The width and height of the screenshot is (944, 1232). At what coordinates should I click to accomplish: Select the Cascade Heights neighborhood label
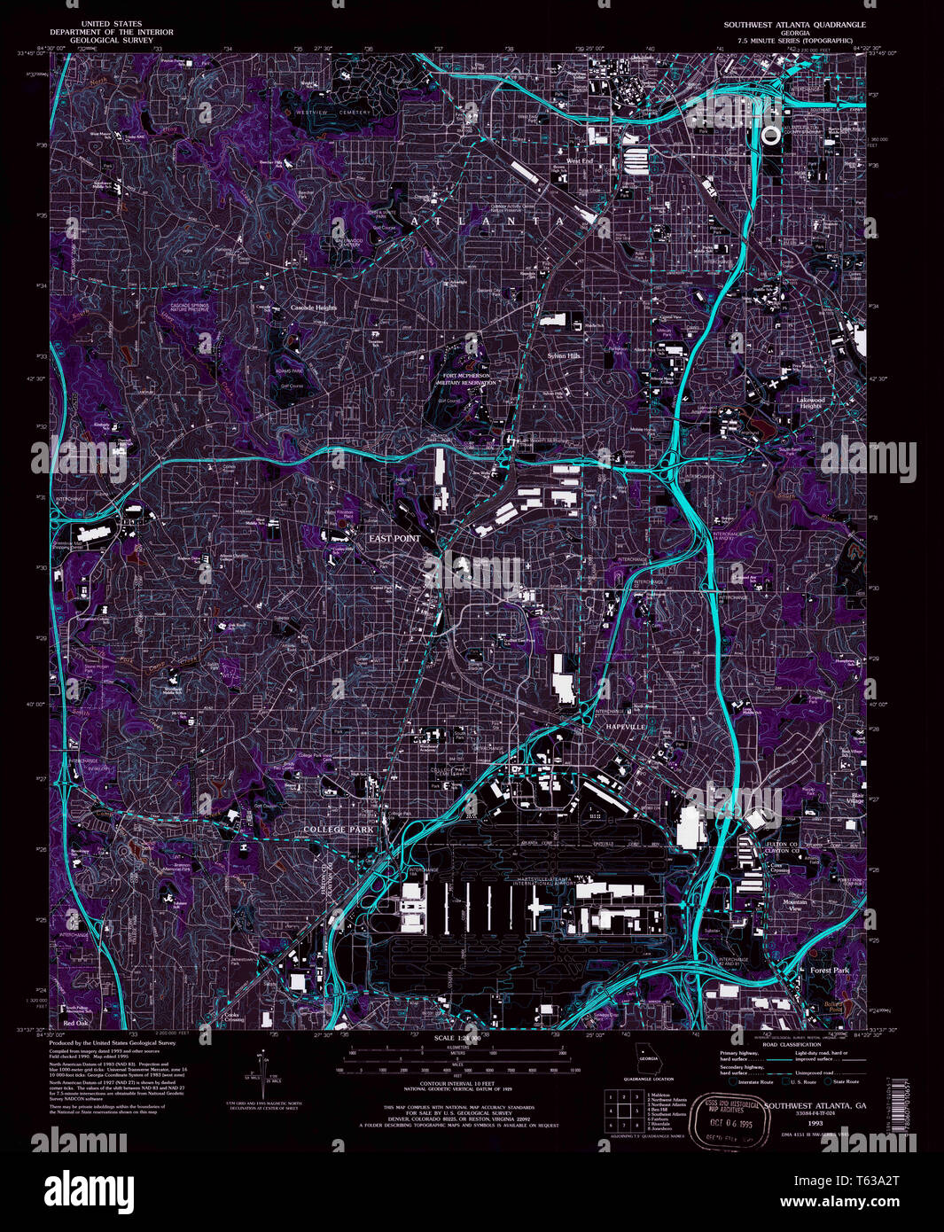[x=314, y=308]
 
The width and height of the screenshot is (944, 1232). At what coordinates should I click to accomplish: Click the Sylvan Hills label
[x=562, y=355]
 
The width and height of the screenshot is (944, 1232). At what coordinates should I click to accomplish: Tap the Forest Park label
[x=829, y=971]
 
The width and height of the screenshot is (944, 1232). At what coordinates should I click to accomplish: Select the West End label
[x=580, y=161]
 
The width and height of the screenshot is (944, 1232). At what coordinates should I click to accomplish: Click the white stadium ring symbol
[x=771, y=135]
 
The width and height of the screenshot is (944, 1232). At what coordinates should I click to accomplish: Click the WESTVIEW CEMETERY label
[x=330, y=113]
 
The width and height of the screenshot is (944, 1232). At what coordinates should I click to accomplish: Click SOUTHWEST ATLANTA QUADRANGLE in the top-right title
[x=793, y=25]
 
